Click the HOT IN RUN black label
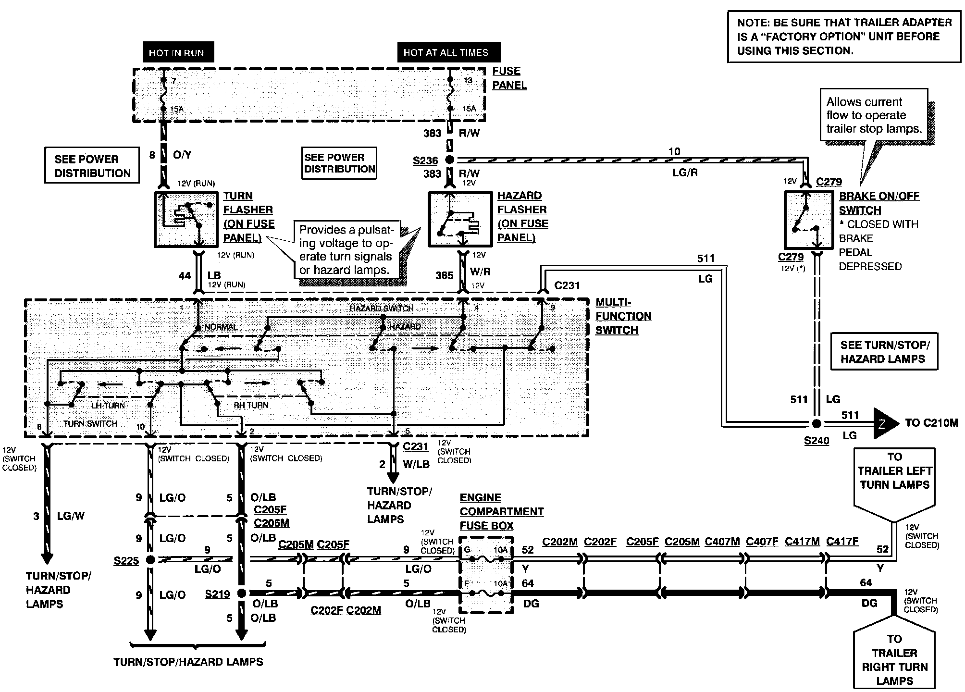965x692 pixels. (x=178, y=52)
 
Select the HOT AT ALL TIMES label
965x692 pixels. (x=449, y=52)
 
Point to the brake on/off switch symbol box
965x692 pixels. (x=808, y=220)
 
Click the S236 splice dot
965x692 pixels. (x=450, y=160)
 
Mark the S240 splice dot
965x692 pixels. (x=816, y=423)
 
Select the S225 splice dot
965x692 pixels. (x=150, y=560)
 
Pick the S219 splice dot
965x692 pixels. (x=241, y=593)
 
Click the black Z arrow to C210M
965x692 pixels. (x=885, y=423)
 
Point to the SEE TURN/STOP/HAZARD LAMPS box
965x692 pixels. (x=884, y=352)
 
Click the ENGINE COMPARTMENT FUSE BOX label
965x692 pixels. (x=501, y=512)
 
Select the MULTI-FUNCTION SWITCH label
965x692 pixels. (x=623, y=316)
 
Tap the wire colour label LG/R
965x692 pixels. (x=685, y=173)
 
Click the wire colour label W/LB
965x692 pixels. (x=416, y=465)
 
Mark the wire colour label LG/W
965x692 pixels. (x=71, y=516)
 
